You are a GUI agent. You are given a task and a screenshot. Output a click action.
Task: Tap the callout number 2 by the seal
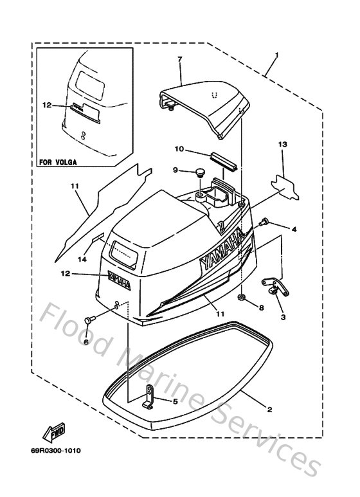point(269,409)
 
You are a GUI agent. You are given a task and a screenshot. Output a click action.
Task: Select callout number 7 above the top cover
point(179,60)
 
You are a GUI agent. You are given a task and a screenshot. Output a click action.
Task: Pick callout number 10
point(179,149)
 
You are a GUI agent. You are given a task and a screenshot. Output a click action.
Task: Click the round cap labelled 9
point(200,172)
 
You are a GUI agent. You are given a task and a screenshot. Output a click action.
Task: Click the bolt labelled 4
point(263,223)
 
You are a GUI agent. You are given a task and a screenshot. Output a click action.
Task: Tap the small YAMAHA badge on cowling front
point(118,280)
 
